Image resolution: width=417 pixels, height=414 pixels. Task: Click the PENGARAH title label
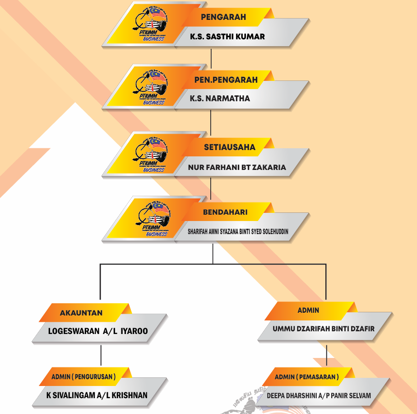tap(223, 17)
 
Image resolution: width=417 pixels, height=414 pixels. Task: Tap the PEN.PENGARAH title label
tap(226, 80)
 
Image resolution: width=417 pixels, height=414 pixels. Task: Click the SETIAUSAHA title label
tap(230, 147)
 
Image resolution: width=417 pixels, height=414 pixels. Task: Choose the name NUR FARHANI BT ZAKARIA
tap(237, 167)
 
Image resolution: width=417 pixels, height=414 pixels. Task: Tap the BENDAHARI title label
tap(225, 212)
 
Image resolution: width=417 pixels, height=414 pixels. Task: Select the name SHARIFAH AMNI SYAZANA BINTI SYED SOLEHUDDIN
tap(238, 231)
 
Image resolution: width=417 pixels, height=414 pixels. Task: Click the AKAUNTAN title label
tap(81, 313)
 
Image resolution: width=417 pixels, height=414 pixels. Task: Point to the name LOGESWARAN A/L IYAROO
tap(98, 331)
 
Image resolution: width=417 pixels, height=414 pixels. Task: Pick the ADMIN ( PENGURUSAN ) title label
tap(83, 376)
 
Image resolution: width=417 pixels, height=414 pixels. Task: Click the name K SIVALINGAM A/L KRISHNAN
tap(97, 395)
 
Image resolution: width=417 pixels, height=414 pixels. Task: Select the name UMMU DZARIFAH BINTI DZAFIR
tap(324, 329)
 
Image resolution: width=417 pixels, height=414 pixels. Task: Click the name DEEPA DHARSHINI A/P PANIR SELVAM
tap(319, 395)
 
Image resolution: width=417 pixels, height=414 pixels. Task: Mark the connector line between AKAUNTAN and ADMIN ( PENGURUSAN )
tap(101, 355)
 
